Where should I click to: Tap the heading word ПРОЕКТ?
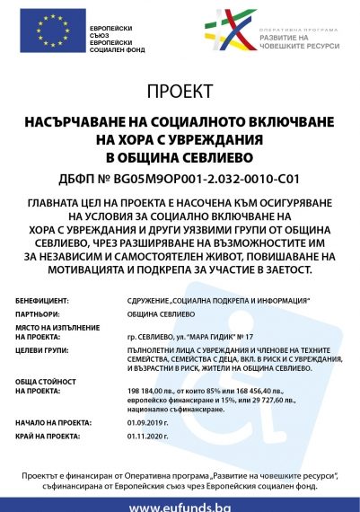(180, 92)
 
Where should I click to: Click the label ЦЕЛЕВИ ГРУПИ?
(44, 348)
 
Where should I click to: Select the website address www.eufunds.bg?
(180, 505)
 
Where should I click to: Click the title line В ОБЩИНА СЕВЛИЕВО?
(180, 156)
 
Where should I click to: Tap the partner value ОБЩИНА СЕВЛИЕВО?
(155, 314)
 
